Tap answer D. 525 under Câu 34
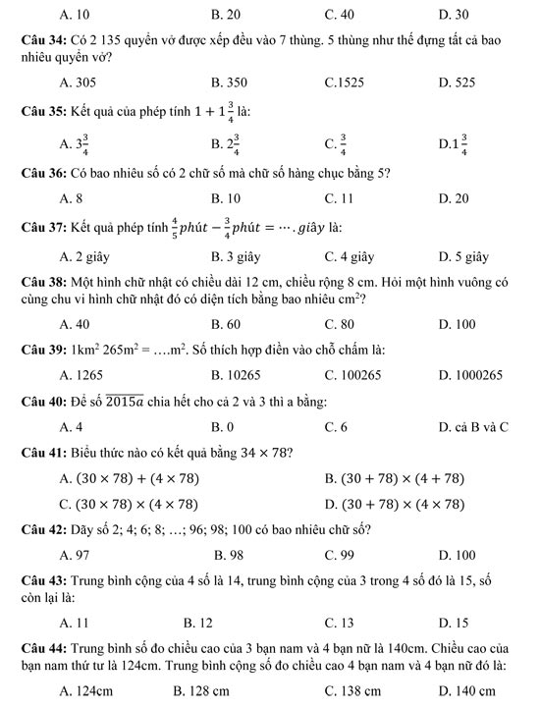click(x=457, y=83)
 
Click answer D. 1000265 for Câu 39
click(x=471, y=374)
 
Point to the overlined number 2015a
click(x=152, y=401)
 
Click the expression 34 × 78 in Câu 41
click(x=261, y=452)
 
